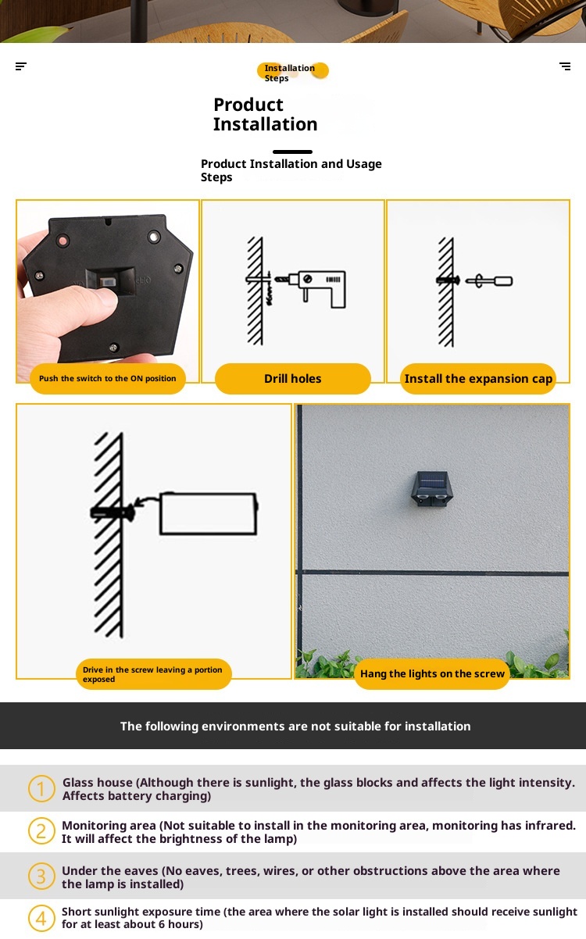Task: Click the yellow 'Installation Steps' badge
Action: click(292, 72)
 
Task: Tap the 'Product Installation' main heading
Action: click(266, 114)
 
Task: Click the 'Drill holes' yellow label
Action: click(292, 379)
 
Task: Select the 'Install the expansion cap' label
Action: click(478, 379)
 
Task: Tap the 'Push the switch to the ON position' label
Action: click(108, 379)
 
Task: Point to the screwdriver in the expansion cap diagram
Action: click(489, 280)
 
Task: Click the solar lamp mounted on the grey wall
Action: click(432, 489)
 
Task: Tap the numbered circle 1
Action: click(41, 788)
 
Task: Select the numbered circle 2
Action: click(41, 831)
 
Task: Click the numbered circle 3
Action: click(41, 877)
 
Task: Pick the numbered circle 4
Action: click(41, 919)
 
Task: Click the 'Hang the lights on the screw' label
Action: click(432, 673)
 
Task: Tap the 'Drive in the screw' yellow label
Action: click(154, 674)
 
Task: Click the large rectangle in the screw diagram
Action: click(209, 514)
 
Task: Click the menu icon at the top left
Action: click(21, 66)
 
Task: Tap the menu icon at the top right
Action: click(565, 66)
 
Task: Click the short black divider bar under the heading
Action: click(292, 152)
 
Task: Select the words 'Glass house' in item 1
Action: click(97, 782)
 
